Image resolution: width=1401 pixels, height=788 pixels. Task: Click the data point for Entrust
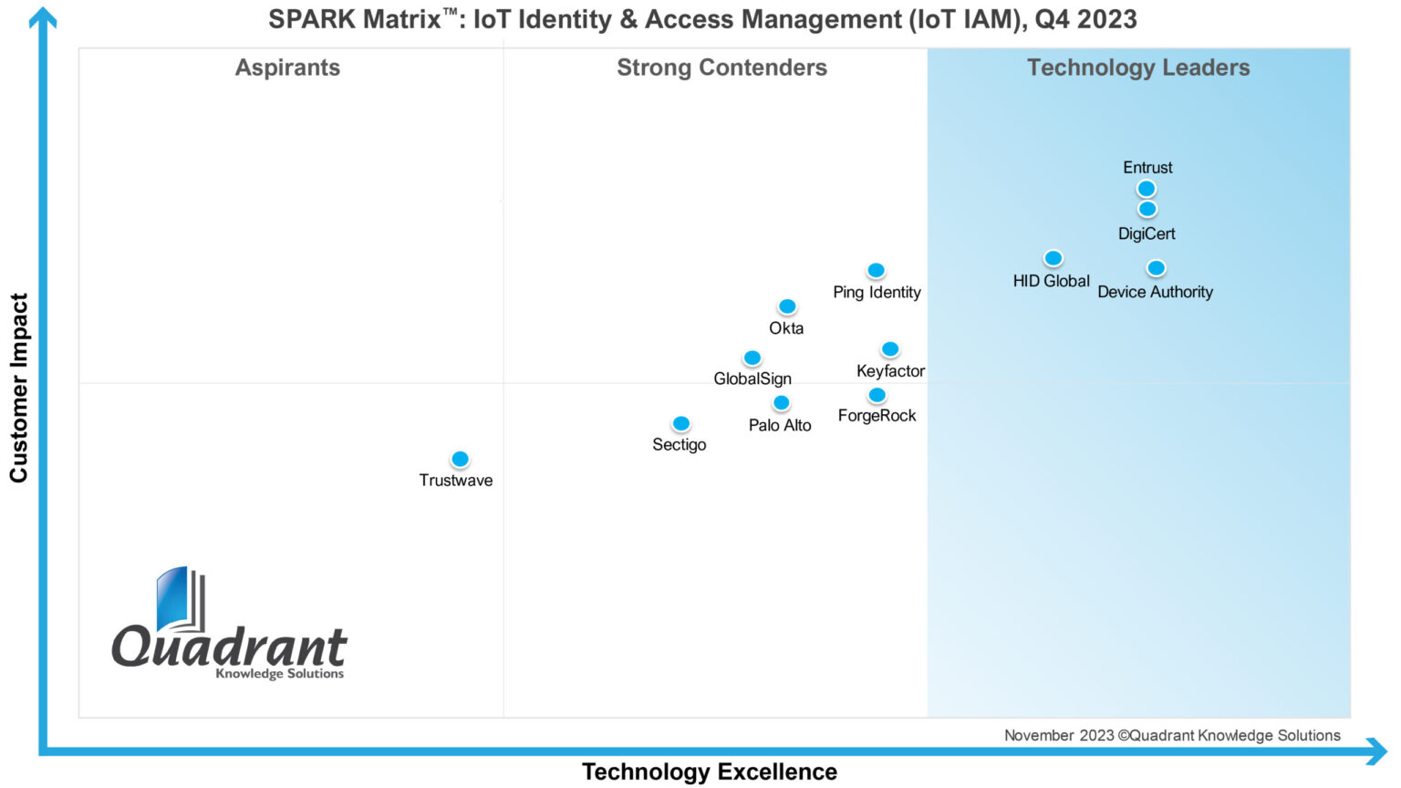[x=1147, y=189]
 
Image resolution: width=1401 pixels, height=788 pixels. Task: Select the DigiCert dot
[x=1147, y=209]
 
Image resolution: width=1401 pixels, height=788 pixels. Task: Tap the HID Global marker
[x=1053, y=258]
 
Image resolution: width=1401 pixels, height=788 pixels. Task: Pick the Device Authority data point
[x=1156, y=268]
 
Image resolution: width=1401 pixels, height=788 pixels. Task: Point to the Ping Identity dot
[x=876, y=270]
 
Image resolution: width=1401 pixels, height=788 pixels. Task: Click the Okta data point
[x=787, y=306]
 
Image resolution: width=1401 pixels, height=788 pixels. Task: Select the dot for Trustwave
[x=461, y=459]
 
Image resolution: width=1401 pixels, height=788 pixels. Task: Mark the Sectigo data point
[x=681, y=423]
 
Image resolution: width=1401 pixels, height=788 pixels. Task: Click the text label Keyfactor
[x=890, y=371]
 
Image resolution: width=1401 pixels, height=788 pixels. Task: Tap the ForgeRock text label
[x=877, y=416]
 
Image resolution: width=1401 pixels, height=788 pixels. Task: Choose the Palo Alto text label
[x=780, y=425]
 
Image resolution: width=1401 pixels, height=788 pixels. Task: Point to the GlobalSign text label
[x=752, y=378]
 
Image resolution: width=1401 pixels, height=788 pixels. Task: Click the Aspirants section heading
[x=287, y=67]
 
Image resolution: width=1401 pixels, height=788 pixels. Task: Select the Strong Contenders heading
[x=721, y=67]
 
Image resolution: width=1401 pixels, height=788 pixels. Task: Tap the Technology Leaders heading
[x=1138, y=67]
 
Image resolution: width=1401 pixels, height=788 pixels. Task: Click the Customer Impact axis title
[x=19, y=388]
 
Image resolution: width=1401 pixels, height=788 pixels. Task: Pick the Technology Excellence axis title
[x=710, y=772]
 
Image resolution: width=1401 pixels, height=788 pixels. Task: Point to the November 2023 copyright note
[x=1172, y=735]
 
